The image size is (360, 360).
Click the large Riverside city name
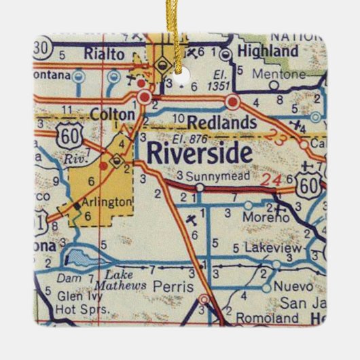click(x=198, y=153)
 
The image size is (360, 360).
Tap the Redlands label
click(x=211, y=122)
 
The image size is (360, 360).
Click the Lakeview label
click(x=272, y=249)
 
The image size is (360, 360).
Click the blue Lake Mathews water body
click(x=81, y=257)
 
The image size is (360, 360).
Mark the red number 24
click(x=274, y=180)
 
